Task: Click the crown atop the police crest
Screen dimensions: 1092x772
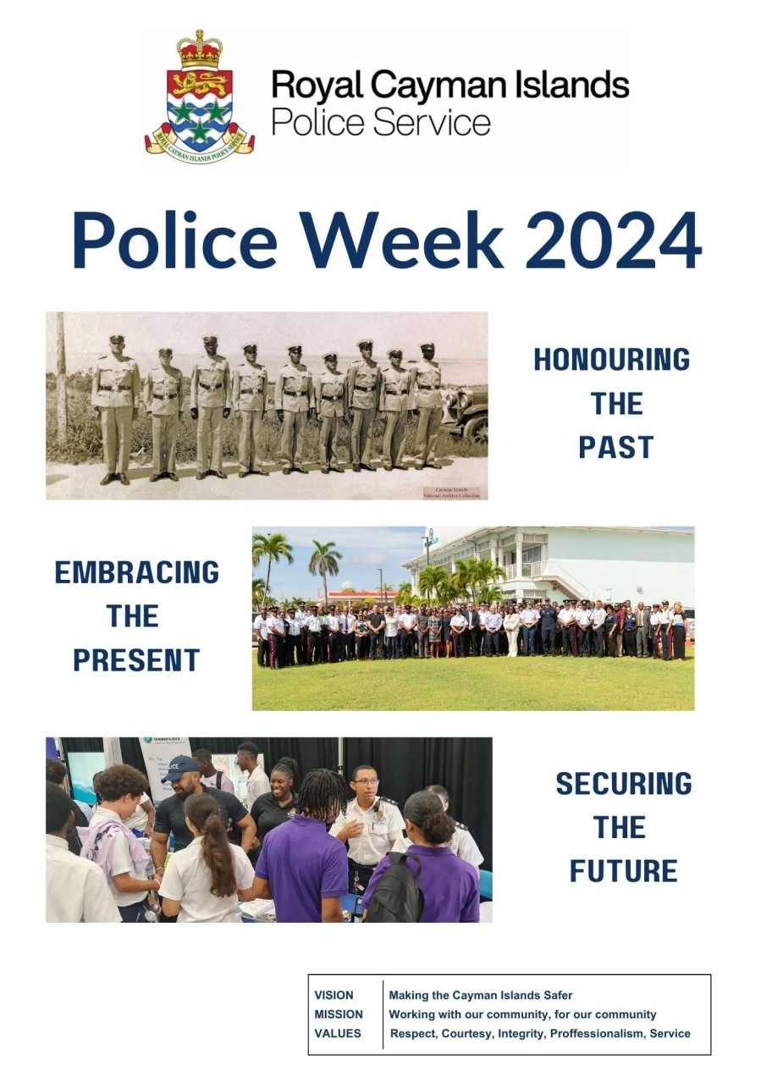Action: coord(200,48)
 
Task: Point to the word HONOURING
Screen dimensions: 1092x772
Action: coord(611,360)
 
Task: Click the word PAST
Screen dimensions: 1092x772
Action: coord(616,448)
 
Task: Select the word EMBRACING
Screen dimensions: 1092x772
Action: coord(137,572)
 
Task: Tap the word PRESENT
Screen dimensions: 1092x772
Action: coord(136,660)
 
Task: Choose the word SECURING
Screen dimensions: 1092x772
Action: coord(624,784)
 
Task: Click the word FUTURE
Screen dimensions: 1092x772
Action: coord(624,871)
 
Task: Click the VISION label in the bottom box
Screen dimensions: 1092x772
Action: coord(334,995)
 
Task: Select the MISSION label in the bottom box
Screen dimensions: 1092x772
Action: coord(339,1014)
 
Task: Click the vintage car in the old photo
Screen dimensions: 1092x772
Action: coord(467,416)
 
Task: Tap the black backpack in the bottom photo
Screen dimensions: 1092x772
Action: coord(395,888)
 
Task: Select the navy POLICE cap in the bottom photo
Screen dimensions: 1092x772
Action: coord(180,768)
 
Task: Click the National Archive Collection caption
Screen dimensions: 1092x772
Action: coord(452,493)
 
